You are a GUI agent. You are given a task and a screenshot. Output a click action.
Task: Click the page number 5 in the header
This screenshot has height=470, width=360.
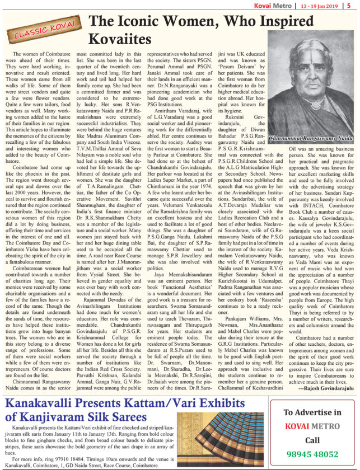[355, 6]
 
